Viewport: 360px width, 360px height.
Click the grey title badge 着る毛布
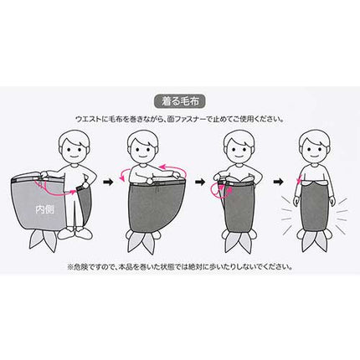[x=180, y=101]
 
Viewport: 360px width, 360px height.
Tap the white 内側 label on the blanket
[x=44, y=209]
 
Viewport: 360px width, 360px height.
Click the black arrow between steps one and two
[x=108, y=182]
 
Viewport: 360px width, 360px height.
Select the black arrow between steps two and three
[x=200, y=182]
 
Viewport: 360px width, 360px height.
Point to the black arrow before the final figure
[x=278, y=182]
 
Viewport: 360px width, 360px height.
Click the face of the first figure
[x=75, y=150]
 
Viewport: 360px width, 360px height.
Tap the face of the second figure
[x=143, y=150]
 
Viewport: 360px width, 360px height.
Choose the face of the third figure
[x=239, y=150]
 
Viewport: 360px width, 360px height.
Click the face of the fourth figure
[x=314, y=150]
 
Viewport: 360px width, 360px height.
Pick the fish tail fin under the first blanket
[x=44, y=240]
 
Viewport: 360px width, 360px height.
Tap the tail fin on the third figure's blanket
[x=238, y=242]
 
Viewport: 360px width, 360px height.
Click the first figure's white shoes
[x=75, y=234]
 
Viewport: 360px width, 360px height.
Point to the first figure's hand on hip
[x=85, y=185]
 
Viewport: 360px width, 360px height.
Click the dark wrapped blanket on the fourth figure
[x=314, y=206]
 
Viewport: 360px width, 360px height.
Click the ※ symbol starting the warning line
[x=70, y=267]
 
